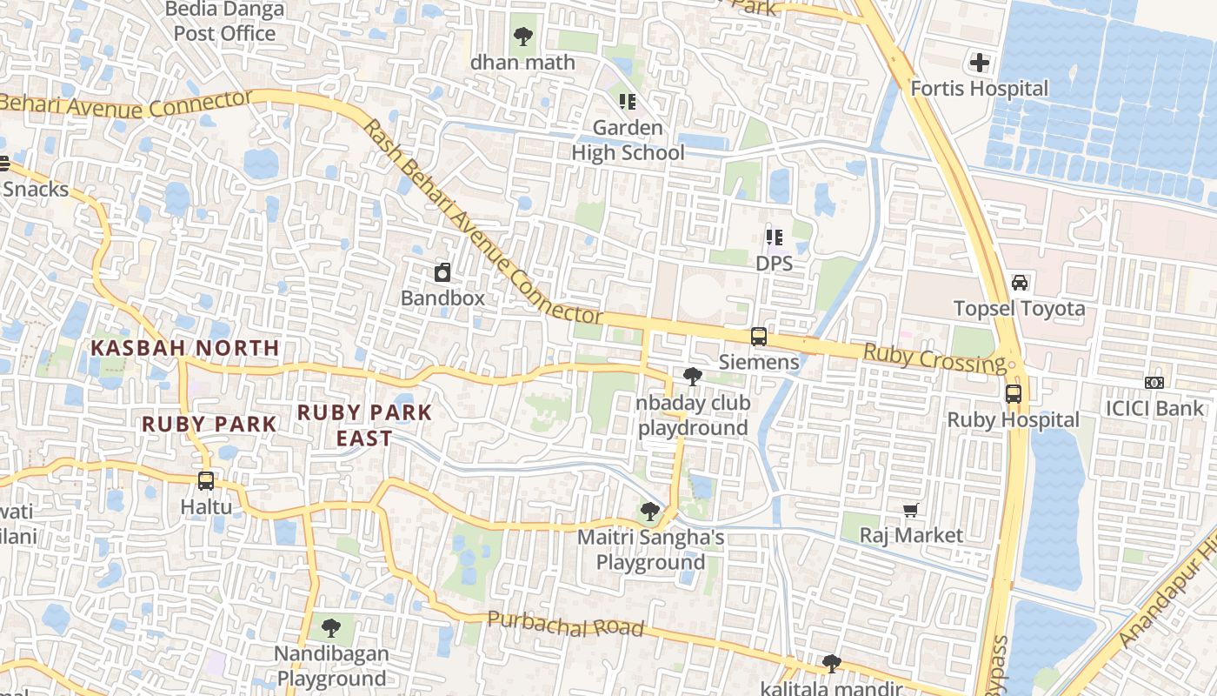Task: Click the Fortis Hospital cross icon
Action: pos(980,63)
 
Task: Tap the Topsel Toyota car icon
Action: pos(1020,283)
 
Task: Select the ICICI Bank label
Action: pos(1154,408)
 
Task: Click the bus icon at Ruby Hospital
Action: pos(1014,393)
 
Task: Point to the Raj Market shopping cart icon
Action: pos(911,510)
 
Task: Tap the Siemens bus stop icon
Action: pos(759,336)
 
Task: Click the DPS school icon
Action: pos(774,237)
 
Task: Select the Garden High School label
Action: pos(628,140)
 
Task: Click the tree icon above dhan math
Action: pos(523,37)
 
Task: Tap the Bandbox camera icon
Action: pos(442,272)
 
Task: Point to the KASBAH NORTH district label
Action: pos(185,348)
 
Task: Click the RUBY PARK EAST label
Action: pos(365,425)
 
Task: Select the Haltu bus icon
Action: pos(206,480)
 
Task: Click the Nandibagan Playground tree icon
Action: pos(330,627)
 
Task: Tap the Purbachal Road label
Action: pos(565,624)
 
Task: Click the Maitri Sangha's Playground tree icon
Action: pos(649,512)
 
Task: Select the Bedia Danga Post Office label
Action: pos(224,22)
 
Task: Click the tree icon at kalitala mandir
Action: pos(831,664)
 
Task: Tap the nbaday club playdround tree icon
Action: pos(693,377)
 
